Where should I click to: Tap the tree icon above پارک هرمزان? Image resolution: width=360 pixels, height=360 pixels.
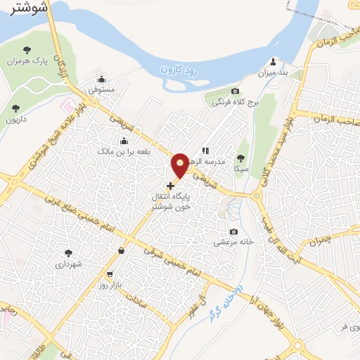click(x=27, y=49)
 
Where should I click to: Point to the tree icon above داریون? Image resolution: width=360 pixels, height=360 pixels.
click(x=15, y=108)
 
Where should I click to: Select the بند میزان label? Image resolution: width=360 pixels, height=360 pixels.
click(x=274, y=72)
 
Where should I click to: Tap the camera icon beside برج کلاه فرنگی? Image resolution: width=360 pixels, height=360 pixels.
click(x=236, y=91)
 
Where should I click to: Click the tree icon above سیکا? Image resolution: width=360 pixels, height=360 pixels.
click(x=241, y=158)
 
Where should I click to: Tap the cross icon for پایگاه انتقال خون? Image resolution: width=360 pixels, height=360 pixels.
click(x=170, y=186)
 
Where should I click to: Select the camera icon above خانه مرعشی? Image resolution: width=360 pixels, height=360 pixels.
click(x=233, y=232)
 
